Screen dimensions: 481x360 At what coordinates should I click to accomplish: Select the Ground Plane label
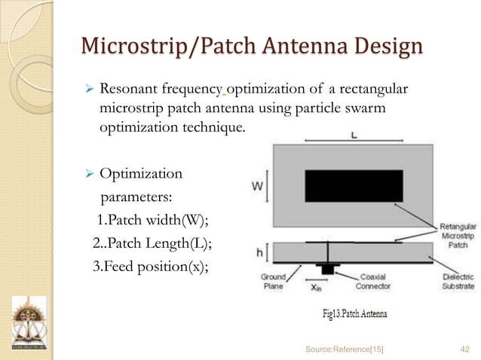[273, 282]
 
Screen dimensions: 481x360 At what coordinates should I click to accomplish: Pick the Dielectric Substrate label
[457, 282]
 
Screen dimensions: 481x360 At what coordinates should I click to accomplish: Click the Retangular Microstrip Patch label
[457, 235]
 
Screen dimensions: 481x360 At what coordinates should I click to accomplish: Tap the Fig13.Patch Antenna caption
[354, 313]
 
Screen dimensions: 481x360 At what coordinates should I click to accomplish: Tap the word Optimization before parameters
[141, 174]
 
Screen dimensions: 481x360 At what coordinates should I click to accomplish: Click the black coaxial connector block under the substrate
[327, 269]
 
